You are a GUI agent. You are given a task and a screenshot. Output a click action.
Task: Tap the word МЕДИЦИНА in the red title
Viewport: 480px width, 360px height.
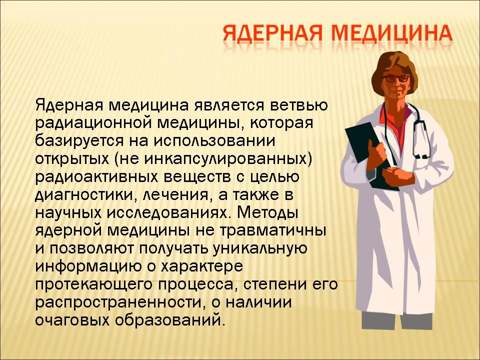click(392, 33)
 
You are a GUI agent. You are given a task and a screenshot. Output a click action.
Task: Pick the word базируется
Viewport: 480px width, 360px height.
click(78, 141)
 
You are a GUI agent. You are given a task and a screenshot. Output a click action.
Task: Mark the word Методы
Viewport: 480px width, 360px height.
click(267, 213)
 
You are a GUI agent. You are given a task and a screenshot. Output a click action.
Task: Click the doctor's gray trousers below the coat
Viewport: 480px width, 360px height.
click(397, 321)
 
